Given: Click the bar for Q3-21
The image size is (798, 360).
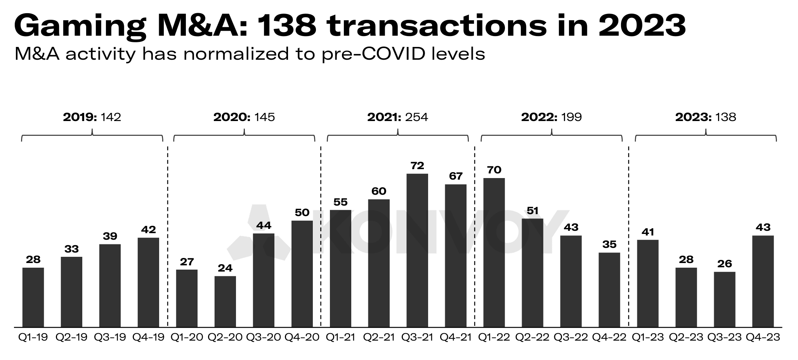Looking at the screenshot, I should coord(417,250).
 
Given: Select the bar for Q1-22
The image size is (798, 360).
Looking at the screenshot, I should coord(494,252).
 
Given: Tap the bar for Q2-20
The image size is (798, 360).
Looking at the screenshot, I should coord(225,301).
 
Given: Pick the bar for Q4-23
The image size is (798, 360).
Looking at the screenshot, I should coord(763,281).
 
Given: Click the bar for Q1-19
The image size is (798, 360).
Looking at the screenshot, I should coord(33,297).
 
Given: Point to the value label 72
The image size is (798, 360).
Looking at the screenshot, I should coord(417,166).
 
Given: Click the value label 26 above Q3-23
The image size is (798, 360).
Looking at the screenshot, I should coord(725,264).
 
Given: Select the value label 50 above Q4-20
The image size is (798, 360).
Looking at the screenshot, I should coord(302,213).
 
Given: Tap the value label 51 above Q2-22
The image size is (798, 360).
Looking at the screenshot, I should coord(533,211).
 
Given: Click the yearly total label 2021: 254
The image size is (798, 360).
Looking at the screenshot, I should coord(397,117).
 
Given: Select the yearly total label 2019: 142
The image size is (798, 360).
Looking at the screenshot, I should coord(92,117).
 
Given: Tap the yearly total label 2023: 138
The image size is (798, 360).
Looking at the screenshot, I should coord(705,117).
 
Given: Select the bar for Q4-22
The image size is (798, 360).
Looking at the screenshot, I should coord(609,290).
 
